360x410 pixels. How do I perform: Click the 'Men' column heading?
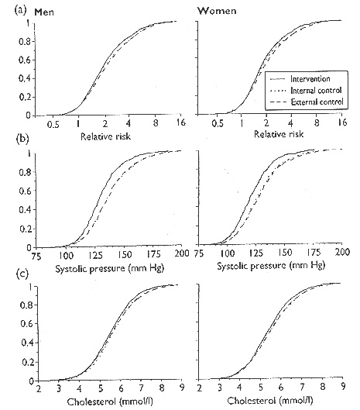click(x=44, y=12)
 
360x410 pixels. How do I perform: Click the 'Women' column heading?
click(x=217, y=11)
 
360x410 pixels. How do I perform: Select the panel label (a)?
click(x=21, y=10)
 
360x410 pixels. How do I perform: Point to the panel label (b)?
click(x=22, y=139)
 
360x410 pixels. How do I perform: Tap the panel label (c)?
click(x=22, y=274)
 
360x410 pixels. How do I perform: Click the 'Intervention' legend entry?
click(x=310, y=79)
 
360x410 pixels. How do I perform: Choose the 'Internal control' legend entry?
click(x=316, y=90)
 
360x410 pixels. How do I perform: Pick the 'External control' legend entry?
click(x=317, y=102)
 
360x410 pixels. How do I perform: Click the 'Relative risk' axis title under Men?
click(x=105, y=136)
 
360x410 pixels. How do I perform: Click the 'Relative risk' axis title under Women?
click(x=279, y=134)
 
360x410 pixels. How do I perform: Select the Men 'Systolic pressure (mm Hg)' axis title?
click(x=110, y=268)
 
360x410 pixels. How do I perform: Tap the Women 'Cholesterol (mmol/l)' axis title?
click(x=269, y=401)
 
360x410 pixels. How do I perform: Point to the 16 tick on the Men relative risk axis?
click(x=180, y=122)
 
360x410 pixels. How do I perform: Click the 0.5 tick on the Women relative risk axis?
click(x=218, y=123)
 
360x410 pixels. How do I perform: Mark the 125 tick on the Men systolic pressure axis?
click(x=96, y=255)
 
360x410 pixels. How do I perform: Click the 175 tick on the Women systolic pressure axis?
click(x=314, y=252)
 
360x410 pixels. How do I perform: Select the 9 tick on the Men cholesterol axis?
click(x=182, y=388)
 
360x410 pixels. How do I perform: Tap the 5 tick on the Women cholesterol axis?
click(x=260, y=387)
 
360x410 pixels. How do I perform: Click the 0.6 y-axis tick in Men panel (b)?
click(x=25, y=191)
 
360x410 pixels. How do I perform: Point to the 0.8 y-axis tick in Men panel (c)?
click(x=26, y=305)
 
